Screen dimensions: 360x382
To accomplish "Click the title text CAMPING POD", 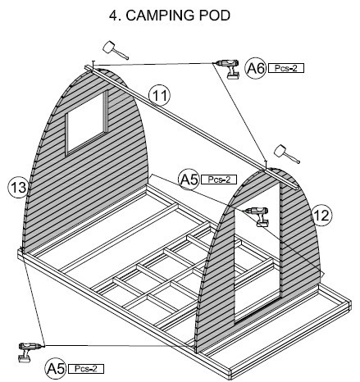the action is pos(178,16).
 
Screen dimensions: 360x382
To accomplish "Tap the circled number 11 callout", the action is pos(159,96).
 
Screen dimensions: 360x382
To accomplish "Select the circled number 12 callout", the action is pos(321,216).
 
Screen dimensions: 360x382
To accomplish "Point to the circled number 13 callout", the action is pos(19,188).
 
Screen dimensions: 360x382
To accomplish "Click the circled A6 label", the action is pos(255,68).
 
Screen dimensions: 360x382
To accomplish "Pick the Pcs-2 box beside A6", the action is pos(286,68).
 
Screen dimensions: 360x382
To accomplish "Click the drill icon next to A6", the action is pos(229,69).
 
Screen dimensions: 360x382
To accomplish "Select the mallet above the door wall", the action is pos(286,154).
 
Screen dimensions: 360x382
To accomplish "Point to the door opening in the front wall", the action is pos(257,252).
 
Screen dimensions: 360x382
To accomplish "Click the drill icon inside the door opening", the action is pos(257,216).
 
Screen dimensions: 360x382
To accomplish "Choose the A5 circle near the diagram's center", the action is pos(189,180).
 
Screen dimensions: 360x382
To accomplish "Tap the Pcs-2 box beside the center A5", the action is pos(219,180).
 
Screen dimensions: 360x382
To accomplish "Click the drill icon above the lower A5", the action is pos(30,352).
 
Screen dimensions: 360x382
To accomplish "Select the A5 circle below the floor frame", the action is pos(56,369).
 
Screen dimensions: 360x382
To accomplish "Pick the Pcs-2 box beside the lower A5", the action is pos(86,369).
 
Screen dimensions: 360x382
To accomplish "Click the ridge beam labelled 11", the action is pos(191,127).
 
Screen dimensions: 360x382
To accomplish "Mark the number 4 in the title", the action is pos(113,16).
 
